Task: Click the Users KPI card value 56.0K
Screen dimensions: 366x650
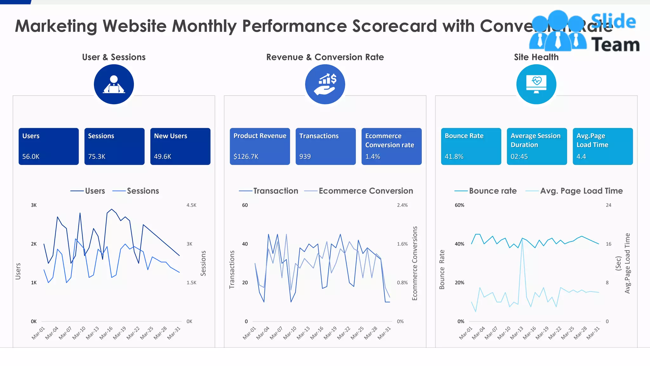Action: pos(31,156)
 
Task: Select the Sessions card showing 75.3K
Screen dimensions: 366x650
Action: pos(97,156)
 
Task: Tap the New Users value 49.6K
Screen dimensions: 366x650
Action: pos(162,156)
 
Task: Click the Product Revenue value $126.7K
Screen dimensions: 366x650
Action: pos(246,156)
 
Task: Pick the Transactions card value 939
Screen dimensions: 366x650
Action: pos(305,156)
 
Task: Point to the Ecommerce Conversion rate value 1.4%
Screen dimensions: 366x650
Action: pos(373,156)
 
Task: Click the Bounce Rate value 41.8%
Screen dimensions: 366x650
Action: pos(454,156)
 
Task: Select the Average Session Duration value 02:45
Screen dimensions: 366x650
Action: pos(519,156)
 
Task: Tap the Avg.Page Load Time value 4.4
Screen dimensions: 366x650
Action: pos(581,156)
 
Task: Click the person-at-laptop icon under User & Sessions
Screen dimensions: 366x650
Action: pos(114,85)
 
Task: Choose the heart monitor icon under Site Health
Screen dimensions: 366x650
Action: pos(536,85)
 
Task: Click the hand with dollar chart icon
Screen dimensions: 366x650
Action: pos(325,85)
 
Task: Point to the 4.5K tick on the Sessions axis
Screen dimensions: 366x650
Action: pos(191,205)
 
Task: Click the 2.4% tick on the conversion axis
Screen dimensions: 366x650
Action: pos(402,205)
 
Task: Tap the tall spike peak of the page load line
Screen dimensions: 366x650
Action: pos(522,239)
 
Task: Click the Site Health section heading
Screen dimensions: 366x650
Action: pos(536,57)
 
